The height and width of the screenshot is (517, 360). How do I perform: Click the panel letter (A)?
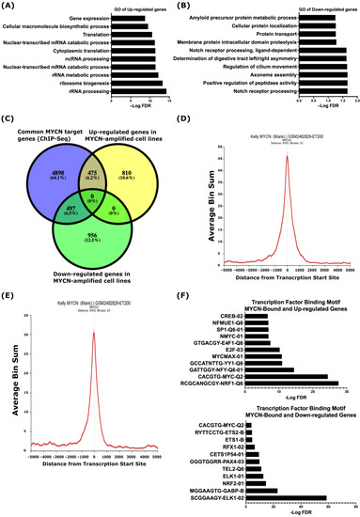click(x=12, y=8)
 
